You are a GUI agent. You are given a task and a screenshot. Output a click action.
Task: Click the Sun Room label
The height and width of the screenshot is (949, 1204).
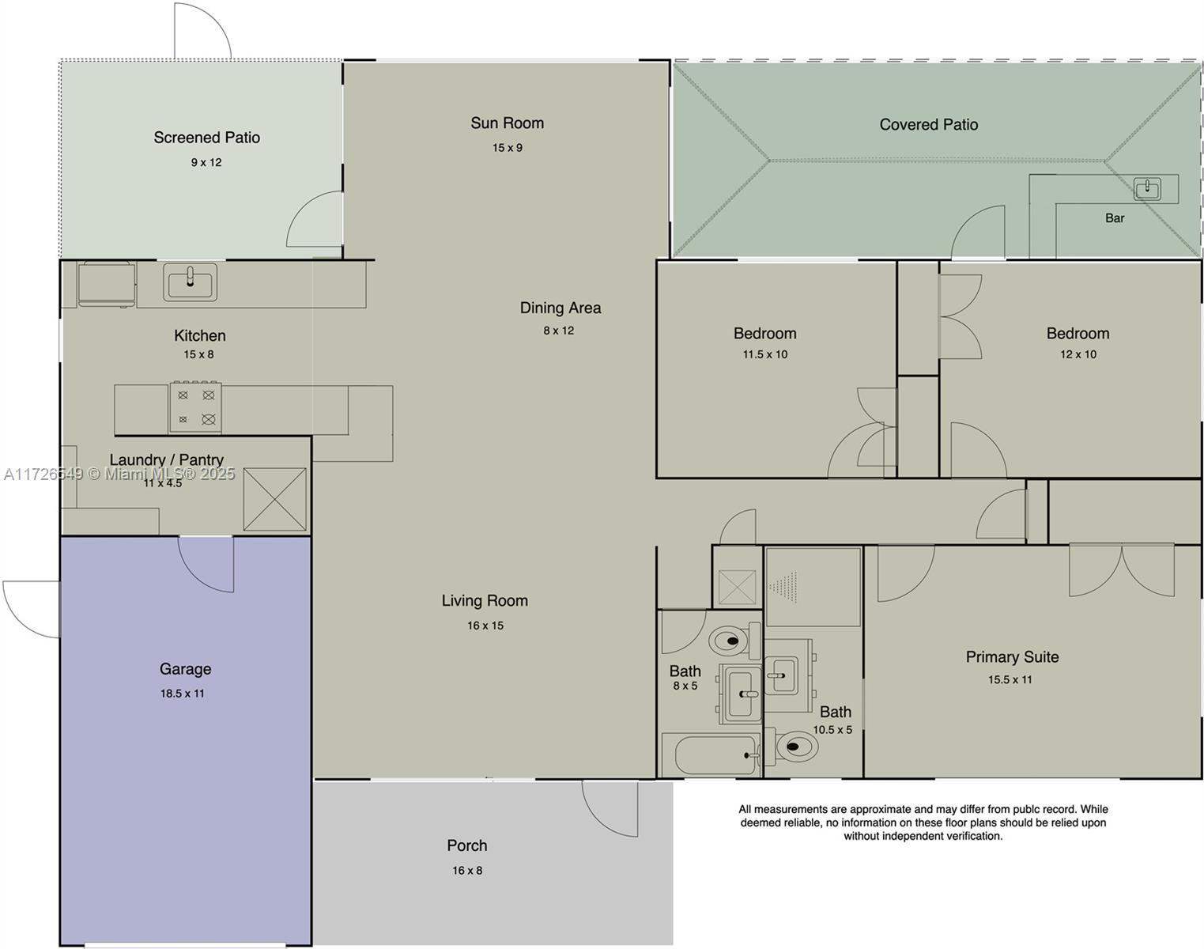[x=507, y=123]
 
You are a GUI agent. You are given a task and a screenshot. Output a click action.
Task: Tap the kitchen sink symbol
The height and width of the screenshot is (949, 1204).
[x=191, y=282]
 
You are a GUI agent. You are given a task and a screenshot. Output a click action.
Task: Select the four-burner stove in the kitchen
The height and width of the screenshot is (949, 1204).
[x=195, y=407]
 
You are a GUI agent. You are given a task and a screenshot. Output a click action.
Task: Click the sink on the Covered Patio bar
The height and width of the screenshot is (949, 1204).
[x=1147, y=188]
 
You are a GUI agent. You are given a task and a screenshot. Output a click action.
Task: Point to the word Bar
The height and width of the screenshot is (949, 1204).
[x=1115, y=218]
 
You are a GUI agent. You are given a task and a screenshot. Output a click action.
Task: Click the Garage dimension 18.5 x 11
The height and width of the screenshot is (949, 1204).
[x=183, y=693]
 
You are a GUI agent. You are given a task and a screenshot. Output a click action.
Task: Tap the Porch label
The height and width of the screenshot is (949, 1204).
[x=466, y=845]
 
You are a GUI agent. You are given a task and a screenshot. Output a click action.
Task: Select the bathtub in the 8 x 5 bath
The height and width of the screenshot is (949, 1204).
[x=711, y=754]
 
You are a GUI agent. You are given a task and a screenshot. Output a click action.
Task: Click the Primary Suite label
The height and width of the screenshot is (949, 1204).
[x=1012, y=656]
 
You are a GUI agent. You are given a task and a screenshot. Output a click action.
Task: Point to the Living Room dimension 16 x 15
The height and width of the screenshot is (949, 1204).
[x=485, y=626]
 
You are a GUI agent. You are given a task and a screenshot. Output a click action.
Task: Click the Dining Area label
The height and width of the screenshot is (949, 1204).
[x=560, y=308]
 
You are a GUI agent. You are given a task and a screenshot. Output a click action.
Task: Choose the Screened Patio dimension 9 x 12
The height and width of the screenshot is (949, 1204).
[x=206, y=162]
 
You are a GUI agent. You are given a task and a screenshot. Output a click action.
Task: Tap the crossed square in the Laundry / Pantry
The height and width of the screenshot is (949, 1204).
[x=274, y=500]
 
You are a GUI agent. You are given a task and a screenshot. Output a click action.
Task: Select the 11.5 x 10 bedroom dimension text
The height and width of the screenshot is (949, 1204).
[x=764, y=354]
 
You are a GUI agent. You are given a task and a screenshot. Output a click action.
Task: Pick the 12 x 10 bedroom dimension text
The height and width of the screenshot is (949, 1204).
[x=1078, y=354]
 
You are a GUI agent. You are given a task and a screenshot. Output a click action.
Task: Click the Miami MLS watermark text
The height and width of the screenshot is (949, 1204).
[x=119, y=475]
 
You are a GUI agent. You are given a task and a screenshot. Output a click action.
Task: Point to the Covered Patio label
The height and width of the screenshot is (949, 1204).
[x=929, y=124]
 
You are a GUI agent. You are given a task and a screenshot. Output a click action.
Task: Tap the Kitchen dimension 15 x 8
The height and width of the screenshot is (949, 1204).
[x=198, y=354]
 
